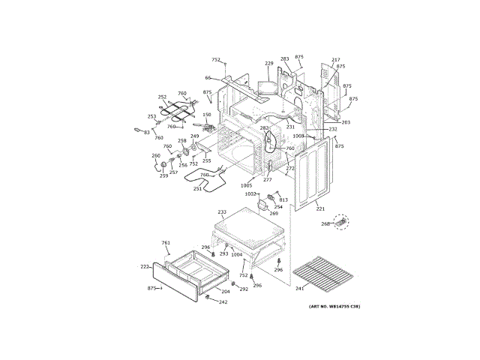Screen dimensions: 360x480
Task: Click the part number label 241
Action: point(298,288)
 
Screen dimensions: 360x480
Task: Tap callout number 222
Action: point(145,266)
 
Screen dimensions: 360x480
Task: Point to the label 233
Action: point(221,212)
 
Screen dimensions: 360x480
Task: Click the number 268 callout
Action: point(325,223)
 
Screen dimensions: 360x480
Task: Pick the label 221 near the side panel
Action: point(320,208)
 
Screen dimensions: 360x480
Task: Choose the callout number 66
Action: point(208,77)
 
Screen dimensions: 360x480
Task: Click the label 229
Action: point(268,64)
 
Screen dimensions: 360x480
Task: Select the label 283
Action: point(285,58)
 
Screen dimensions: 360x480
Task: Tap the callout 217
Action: point(336,60)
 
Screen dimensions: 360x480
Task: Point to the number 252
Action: point(162,97)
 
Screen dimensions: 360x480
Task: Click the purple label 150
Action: point(207,115)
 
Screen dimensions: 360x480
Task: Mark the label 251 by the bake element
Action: point(197,189)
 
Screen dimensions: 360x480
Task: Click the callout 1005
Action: point(246,185)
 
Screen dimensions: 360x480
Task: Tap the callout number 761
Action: point(166,243)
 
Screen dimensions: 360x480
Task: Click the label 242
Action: point(223,302)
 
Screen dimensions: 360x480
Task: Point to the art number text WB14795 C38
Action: point(334,307)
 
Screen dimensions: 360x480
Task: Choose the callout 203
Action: point(346,122)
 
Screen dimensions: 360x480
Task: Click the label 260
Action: point(156,156)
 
